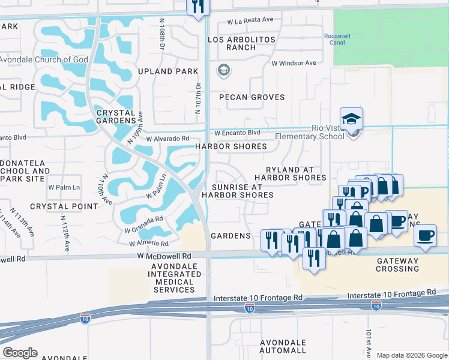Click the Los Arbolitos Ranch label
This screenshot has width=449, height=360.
point(241,44)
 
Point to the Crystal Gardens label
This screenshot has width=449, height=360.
point(116,116)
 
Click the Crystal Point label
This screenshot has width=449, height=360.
point(64,206)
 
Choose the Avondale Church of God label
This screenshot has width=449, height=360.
point(44,59)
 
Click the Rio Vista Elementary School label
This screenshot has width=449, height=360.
point(310,132)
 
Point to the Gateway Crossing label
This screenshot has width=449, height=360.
point(397,265)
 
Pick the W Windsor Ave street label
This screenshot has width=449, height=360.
point(294,63)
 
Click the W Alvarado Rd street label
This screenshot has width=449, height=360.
point(167,138)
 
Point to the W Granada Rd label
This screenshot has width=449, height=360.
point(143,225)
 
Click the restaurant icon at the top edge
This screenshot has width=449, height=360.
point(197,8)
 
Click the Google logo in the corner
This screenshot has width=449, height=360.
point(19,353)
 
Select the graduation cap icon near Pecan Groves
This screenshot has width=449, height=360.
point(224,71)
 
